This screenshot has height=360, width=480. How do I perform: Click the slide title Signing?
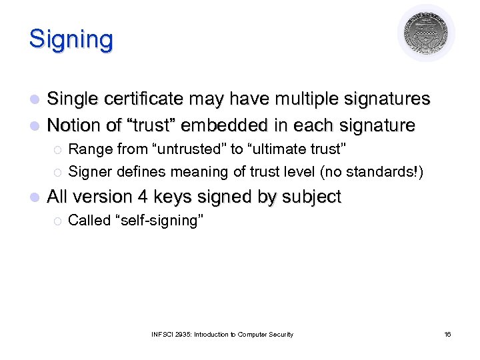[x=71, y=40]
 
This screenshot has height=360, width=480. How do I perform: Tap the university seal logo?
[x=426, y=33]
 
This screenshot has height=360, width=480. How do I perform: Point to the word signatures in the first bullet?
[x=384, y=99]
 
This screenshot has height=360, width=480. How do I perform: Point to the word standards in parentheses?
[x=383, y=171]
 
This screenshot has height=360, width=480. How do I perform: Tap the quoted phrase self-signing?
[x=159, y=221]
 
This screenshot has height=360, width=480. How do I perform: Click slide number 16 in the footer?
[x=447, y=334]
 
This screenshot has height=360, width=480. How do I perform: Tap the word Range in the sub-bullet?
[x=87, y=149]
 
